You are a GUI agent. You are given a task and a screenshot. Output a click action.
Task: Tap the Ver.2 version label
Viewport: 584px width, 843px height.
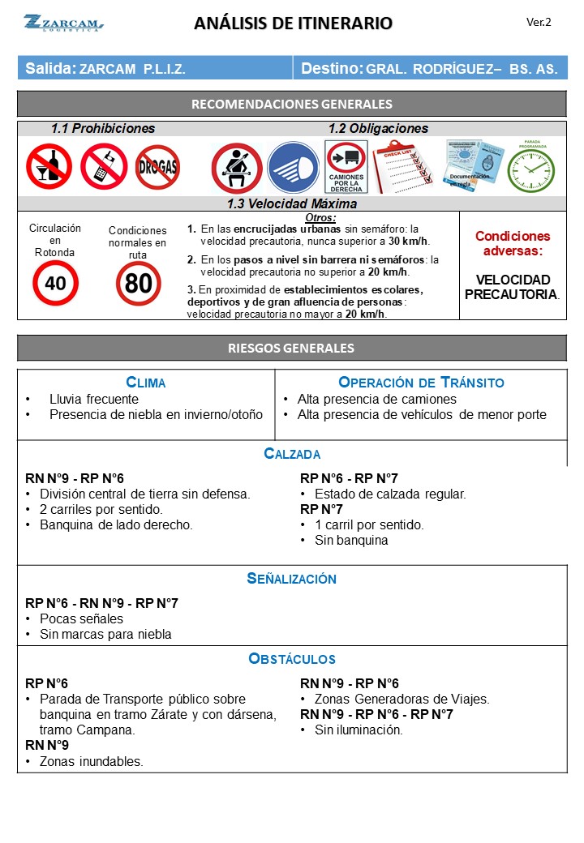[539, 23]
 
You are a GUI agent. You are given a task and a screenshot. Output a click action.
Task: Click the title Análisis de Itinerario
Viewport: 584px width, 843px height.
[293, 24]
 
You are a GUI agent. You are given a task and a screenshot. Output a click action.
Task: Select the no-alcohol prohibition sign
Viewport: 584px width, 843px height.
[49, 166]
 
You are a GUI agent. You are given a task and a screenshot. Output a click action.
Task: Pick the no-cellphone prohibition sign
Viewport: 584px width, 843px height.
[104, 166]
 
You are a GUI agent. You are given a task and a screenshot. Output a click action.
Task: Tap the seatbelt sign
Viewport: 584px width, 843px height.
[236, 168]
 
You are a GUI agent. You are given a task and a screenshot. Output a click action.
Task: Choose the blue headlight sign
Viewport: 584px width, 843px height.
[293, 168]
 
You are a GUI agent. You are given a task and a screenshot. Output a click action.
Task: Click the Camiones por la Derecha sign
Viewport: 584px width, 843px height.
[346, 168]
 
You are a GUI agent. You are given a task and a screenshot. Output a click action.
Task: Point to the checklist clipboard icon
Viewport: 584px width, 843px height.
[403, 166]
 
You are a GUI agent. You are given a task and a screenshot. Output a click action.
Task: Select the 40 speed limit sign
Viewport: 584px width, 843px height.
[55, 283]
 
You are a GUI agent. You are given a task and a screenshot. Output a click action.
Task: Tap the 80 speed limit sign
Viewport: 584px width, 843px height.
[138, 283]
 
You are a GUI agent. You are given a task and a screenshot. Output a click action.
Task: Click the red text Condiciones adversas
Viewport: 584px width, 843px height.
[513, 243]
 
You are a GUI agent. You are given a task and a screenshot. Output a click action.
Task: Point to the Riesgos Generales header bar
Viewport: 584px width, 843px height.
[292, 349]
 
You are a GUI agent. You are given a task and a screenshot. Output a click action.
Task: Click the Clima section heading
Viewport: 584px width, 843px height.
[146, 383]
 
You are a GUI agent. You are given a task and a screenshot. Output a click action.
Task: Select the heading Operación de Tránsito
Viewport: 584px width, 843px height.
[421, 383]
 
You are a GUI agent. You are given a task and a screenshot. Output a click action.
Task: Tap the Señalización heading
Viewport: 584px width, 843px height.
[292, 579]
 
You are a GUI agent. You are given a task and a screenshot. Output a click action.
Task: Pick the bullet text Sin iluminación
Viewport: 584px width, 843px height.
[359, 730]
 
